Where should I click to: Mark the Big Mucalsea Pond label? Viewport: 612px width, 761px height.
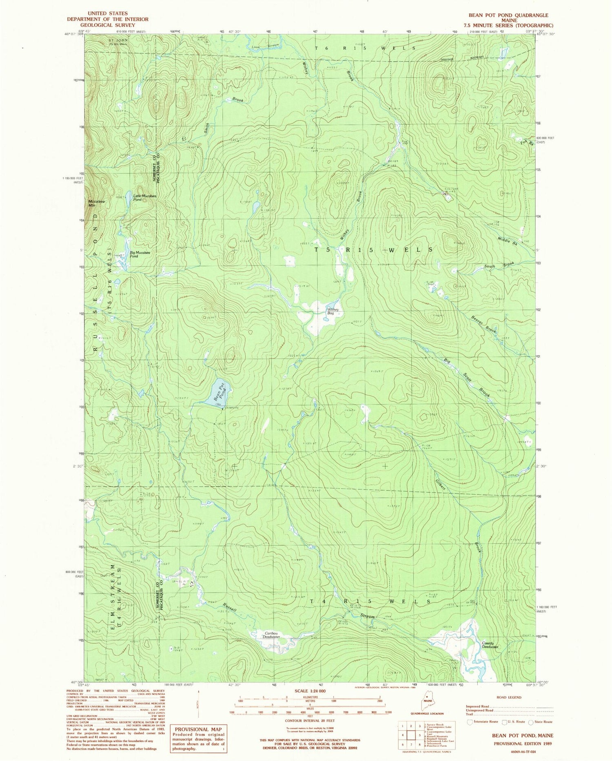pos(140,254)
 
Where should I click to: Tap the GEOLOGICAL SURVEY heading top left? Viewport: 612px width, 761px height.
pos(108,25)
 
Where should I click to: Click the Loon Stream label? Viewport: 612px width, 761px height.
pos(265,46)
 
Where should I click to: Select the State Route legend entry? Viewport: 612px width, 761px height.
pos(541,722)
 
